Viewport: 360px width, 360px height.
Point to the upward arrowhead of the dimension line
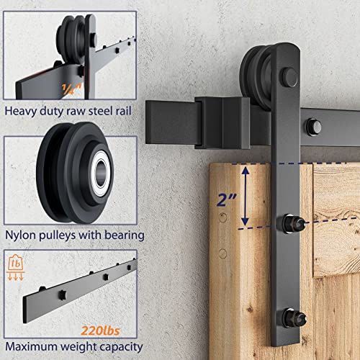tap(246, 169)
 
